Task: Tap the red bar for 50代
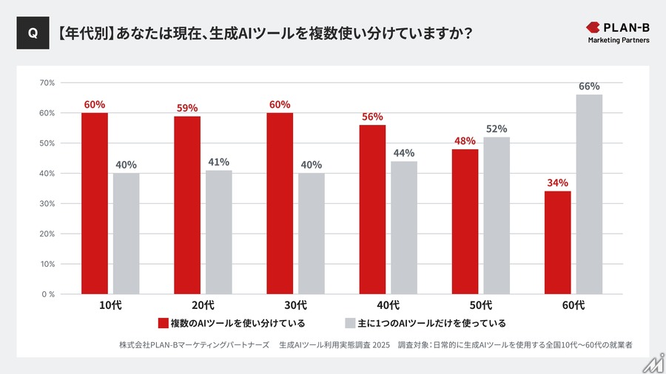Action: pos(465,221)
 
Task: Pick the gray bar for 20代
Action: pos(219,232)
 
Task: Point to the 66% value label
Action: pos(589,86)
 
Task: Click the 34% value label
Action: pos(557,183)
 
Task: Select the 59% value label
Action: pos(187,108)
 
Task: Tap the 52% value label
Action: pos(497,129)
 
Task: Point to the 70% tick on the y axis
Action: pos(47,83)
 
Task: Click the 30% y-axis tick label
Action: pos(47,203)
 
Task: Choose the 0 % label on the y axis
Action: pos(47,294)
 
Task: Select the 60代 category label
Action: pos(573,305)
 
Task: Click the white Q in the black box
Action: pos(33,33)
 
